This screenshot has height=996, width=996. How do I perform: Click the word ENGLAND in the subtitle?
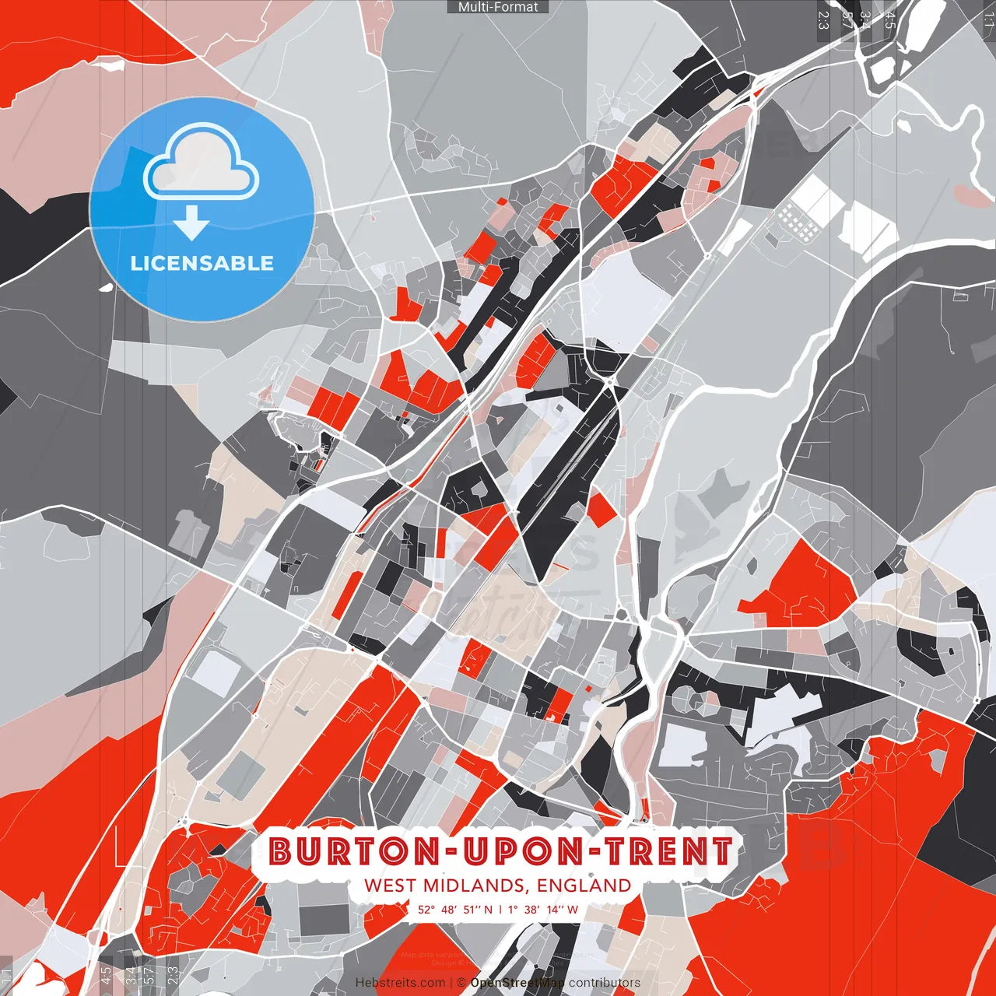(584, 886)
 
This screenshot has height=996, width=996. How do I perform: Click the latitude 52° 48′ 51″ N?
(455, 909)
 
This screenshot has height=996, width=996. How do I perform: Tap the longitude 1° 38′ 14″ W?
(543, 909)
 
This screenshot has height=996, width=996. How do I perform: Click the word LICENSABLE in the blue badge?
(202, 263)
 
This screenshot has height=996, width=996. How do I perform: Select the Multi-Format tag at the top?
(498, 7)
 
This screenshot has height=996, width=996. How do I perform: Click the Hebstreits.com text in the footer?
(400, 983)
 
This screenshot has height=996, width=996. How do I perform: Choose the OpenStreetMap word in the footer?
(517, 983)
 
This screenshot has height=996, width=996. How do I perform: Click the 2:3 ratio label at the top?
(823, 20)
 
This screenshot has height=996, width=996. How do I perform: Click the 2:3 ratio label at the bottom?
(173, 976)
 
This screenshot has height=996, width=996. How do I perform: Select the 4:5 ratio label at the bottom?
(106, 976)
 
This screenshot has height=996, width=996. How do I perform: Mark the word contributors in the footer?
(605, 983)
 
